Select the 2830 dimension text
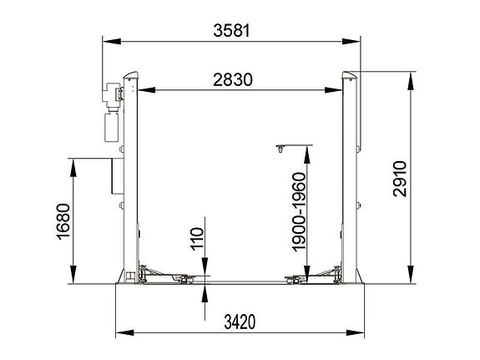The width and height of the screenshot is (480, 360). click(x=233, y=80)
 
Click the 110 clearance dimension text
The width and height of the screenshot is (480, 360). click(x=196, y=239)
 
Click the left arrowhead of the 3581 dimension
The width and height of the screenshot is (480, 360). click(x=107, y=41)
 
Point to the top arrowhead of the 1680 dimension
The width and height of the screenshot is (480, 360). click(x=73, y=163)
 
